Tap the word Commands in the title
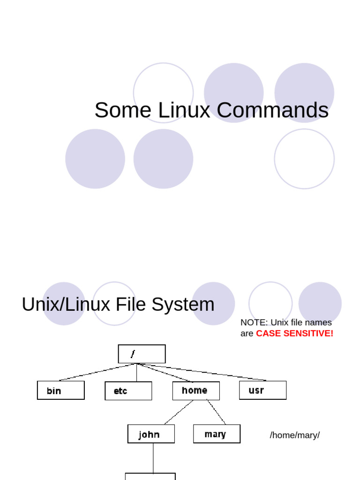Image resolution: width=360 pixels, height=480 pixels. (272, 110)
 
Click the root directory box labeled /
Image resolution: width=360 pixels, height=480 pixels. (142, 354)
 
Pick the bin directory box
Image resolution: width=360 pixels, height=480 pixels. (61, 390)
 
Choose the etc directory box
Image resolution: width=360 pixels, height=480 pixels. (128, 390)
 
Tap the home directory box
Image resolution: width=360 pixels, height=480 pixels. (196, 390)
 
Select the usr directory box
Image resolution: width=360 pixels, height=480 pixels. (262, 390)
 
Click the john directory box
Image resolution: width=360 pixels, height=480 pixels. (151, 434)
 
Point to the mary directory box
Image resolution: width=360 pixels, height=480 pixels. (217, 434)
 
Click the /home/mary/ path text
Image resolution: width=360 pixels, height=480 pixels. (294, 435)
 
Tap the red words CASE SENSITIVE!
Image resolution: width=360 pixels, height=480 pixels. (294, 333)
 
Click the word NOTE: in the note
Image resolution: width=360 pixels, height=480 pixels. (254, 322)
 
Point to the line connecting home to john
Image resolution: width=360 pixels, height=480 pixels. (178, 412)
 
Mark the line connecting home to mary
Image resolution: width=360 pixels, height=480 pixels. (216, 412)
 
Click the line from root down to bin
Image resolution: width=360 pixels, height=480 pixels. (98, 372)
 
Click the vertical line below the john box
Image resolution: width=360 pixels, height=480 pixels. (153, 457)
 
